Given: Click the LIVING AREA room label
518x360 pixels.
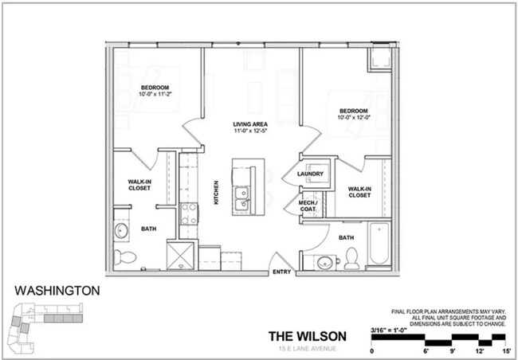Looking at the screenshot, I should (x=249, y=128).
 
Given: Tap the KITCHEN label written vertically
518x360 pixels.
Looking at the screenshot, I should (x=216, y=193).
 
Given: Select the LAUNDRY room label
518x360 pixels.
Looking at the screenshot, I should (x=309, y=174).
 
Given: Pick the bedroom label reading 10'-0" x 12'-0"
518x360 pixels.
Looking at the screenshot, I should (x=352, y=114).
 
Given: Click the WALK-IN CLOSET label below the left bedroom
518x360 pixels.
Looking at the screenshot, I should (x=140, y=185).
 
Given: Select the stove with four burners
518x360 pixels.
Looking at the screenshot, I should (x=188, y=213).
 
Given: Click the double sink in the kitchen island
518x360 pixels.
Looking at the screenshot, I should (x=242, y=199).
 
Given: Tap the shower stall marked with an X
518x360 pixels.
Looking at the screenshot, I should (x=179, y=255).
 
